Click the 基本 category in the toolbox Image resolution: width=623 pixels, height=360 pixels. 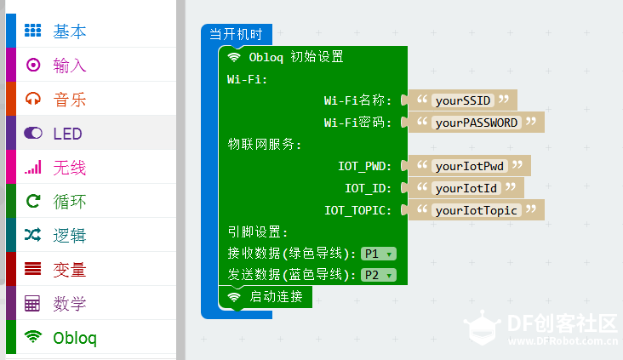[70, 31]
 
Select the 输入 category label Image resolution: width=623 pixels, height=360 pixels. [70, 66]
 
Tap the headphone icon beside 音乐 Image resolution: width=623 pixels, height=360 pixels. [33, 99]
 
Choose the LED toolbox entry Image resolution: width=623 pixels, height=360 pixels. [67, 134]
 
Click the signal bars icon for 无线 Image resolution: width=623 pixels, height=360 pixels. [33, 168]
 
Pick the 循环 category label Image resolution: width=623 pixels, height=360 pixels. [70, 202]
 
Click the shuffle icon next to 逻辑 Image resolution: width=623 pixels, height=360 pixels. [32, 235]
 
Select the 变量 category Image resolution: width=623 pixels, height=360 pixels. [70, 270]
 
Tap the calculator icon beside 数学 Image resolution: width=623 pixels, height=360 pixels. [32, 304]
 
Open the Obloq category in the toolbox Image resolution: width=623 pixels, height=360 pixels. [75, 338]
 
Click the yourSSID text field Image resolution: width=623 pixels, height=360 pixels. [463, 100]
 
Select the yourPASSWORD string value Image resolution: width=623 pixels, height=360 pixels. [477, 123]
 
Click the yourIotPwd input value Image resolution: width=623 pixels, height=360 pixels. [470, 166]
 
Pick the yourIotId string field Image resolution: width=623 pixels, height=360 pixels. [466, 188]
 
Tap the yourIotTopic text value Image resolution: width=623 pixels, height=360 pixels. [477, 210]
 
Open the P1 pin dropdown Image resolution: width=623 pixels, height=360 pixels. [378, 254]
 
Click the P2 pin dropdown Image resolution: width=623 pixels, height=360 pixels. [378, 275]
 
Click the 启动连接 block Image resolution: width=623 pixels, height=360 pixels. [266, 297]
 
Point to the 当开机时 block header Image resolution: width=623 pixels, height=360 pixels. [236, 34]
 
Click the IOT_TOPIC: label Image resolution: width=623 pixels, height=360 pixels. [357, 210]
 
